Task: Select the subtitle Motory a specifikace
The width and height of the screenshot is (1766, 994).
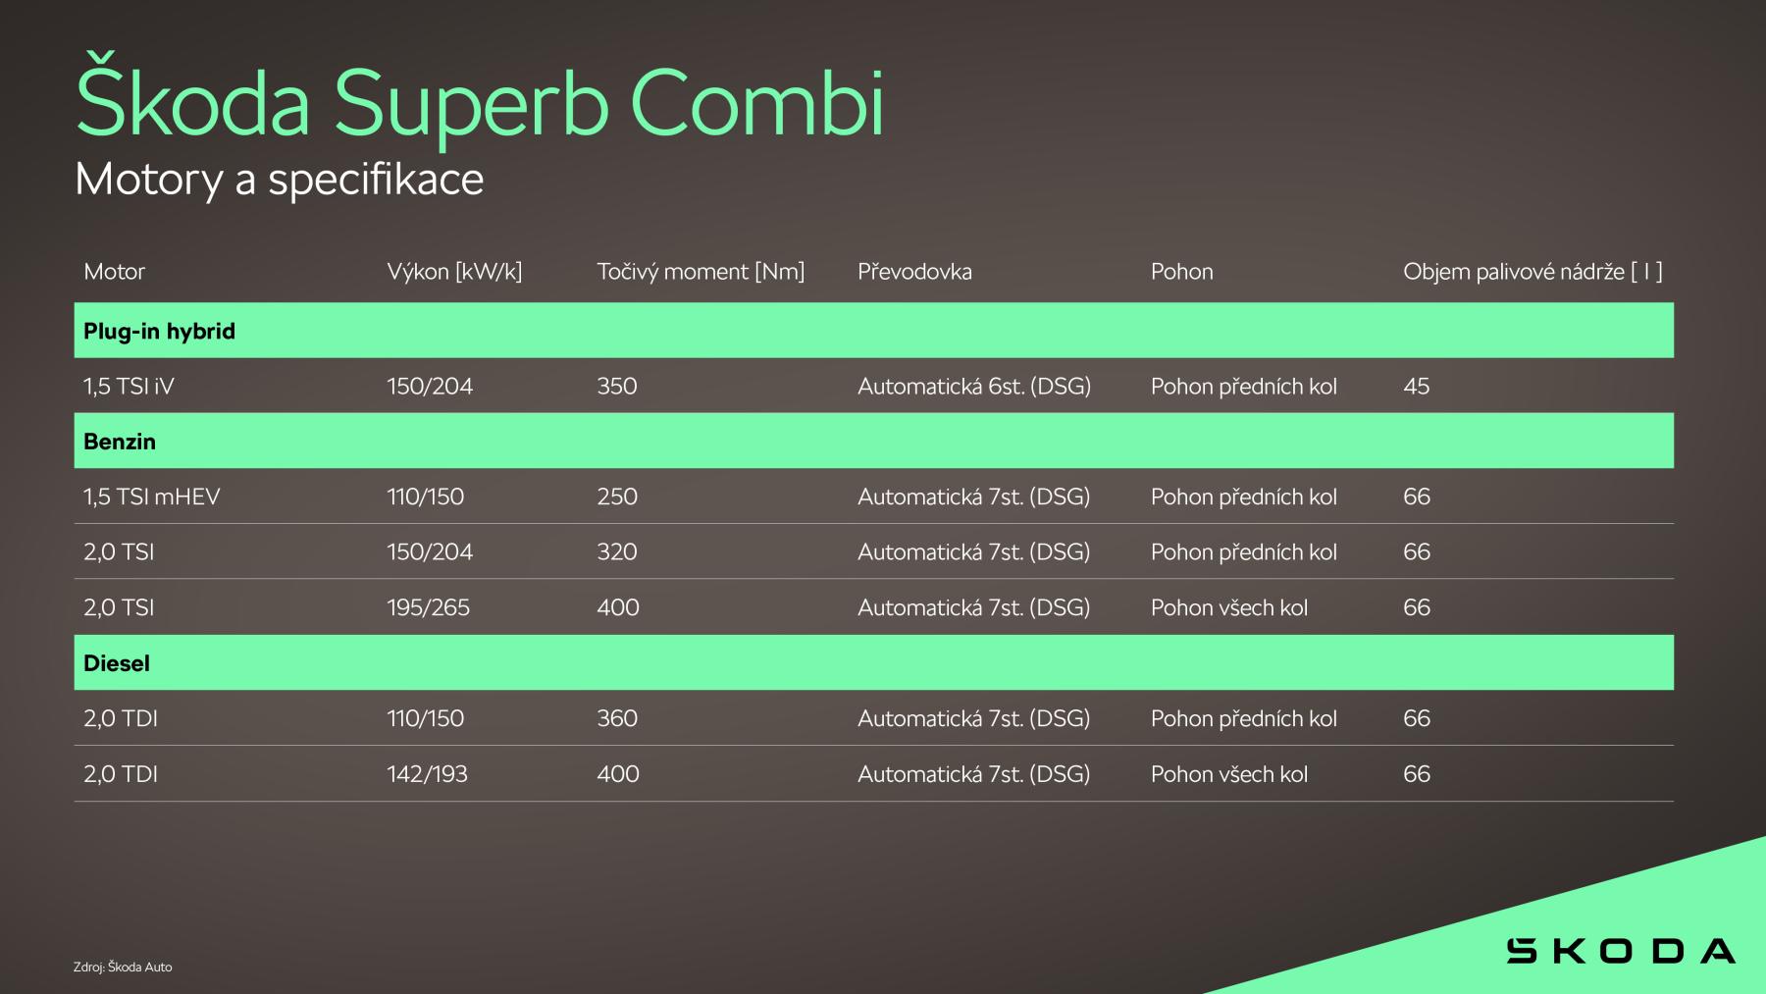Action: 280,180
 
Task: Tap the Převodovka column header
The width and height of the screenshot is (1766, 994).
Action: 914,272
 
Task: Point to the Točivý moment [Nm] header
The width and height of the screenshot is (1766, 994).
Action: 701,272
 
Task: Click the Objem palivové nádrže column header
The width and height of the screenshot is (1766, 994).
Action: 1532,272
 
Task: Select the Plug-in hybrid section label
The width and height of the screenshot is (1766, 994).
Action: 159,332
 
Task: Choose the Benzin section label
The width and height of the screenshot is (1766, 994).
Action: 120,442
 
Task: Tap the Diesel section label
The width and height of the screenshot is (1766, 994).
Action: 117,663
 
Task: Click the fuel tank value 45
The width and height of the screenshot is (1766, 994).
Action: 1416,387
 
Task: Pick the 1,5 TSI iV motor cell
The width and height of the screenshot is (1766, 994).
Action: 129,387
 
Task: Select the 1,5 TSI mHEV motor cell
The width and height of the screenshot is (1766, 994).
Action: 152,497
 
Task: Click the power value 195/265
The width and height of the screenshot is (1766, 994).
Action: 428,608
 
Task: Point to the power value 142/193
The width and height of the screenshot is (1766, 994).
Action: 427,774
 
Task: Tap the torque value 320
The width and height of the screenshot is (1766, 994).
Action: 617,552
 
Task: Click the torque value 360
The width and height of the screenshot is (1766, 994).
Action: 617,719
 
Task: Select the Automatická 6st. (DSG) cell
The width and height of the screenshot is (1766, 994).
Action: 974,387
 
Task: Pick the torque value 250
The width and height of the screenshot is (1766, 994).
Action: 617,497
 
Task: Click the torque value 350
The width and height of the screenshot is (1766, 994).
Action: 617,387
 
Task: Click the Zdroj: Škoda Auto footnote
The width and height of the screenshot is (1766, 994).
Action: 123,967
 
